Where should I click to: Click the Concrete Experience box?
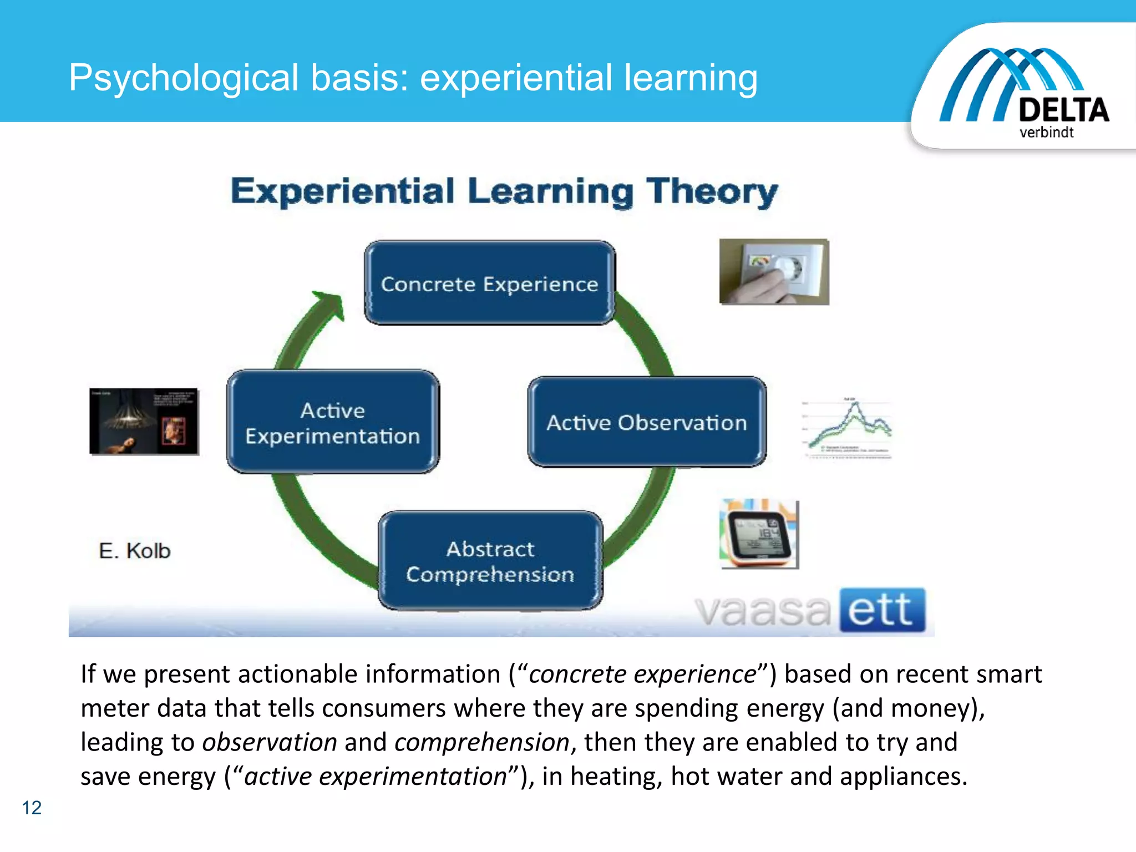pyautogui.click(x=489, y=283)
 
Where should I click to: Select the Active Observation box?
pyautogui.click(x=647, y=423)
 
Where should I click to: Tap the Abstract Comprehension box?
pyautogui.click(x=490, y=561)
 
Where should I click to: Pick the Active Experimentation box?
pyautogui.click(x=333, y=423)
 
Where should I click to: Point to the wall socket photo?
pyautogui.click(x=774, y=272)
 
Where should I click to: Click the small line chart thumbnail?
pyautogui.click(x=848, y=428)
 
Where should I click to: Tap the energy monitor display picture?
pyautogui.click(x=759, y=534)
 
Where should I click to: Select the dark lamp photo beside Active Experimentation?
pyautogui.click(x=144, y=422)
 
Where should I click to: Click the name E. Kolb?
pyautogui.click(x=135, y=551)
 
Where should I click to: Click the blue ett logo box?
pyautogui.click(x=882, y=610)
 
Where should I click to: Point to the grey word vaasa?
pyautogui.click(x=763, y=611)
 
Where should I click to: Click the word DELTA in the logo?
pyautogui.click(x=1063, y=110)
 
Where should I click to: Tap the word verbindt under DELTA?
pyautogui.click(x=1046, y=133)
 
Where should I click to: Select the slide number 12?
pyautogui.click(x=32, y=808)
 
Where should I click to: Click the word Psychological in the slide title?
pyautogui.click(x=184, y=78)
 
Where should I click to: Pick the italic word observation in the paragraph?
pyautogui.click(x=270, y=742)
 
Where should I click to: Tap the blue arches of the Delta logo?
pyautogui.click(x=998, y=78)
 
